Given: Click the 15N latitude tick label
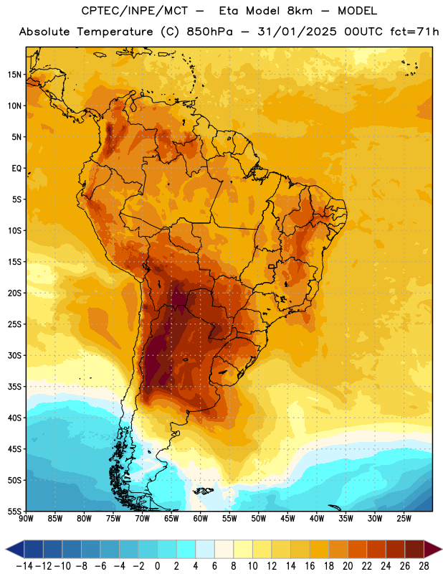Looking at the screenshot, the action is (14, 75).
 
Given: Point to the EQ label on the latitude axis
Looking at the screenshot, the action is (16, 169).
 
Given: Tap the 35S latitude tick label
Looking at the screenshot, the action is (14, 387).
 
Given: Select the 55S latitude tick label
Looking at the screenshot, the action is (14, 512).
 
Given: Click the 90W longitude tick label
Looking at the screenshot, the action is (27, 519).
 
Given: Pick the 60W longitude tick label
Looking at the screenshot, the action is (201, 519).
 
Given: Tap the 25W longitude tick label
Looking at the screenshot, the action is (404, 519).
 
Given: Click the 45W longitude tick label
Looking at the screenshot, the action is (287, 519).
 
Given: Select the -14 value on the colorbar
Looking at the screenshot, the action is (24, 566).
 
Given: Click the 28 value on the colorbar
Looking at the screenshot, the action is (424, 566).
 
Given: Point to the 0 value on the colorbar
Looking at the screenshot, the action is (157, 566).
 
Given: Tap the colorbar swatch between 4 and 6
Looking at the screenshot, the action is (205, 549).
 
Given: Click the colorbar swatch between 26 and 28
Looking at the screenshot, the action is (414, 549).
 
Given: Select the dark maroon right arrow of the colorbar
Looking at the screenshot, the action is (432, 549).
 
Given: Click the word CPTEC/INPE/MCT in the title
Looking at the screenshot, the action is (134, 11).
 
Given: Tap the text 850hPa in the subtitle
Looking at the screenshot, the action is (209, 32).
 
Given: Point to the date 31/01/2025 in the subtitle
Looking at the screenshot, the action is (297, 32).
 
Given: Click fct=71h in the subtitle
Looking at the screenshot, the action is (414, 32).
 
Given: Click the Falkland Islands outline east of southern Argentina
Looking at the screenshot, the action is (203, 491).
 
